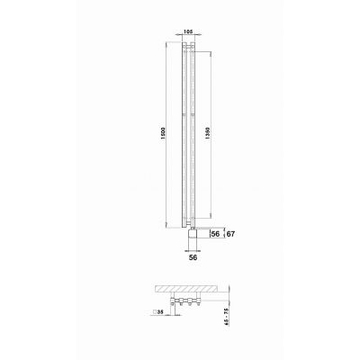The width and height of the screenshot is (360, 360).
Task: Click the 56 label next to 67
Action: (x=215, y=234)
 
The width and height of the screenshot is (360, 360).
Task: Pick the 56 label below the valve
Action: (x=189, y=256)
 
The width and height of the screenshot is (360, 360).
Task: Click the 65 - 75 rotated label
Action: (x=237, y=318)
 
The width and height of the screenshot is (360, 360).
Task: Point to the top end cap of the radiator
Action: (x=187, y=40)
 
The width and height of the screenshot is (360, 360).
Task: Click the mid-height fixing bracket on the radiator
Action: (x=187, y=115)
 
